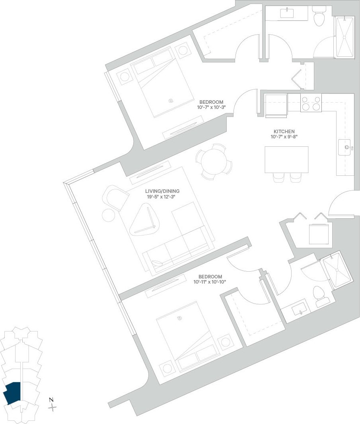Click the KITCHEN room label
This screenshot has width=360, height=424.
click(284, 131)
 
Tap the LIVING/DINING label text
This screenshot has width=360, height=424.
click(162, 191)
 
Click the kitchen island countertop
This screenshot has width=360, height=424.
click(286, 159)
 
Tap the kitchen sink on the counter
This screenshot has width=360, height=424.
click(346, 148)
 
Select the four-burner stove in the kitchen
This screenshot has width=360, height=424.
click(311, 103)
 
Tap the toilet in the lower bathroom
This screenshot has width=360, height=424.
click(319, 294)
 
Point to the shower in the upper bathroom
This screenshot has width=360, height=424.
click(344, 37)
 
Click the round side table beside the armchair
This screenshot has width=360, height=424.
click(109, 215)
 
